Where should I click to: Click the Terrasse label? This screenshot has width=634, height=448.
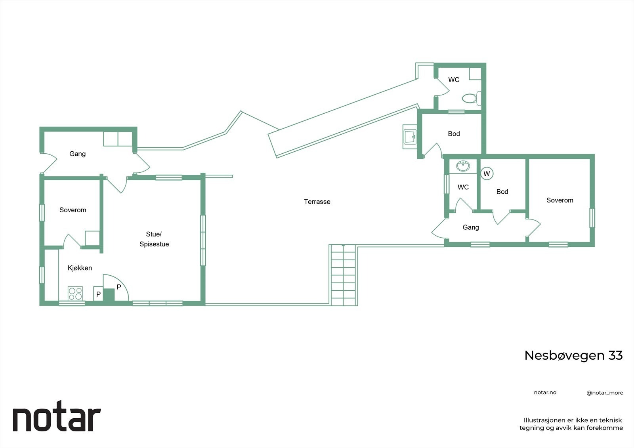point(317,202)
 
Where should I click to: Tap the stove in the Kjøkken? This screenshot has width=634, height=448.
point(75,294)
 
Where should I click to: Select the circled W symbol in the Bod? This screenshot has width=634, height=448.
point(487,173)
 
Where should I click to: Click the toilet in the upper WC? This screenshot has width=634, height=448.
point(471,98)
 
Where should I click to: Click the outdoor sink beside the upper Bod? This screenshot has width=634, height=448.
point(410,137)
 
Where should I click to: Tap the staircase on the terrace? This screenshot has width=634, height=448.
point(343,275)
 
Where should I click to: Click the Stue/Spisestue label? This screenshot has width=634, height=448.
point(154,239)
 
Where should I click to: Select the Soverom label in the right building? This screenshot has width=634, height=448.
point(560,200)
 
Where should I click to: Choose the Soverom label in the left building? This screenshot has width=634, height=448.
point(73,210)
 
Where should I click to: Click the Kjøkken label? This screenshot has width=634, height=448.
point(80,268)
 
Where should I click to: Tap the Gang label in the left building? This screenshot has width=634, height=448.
point(77,154)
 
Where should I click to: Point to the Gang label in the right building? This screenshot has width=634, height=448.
point(471,227)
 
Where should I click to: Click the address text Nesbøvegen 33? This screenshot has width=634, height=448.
point(573,355)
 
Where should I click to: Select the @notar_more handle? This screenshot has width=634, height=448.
point(605,393)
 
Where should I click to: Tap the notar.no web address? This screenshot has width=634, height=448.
point(545,393)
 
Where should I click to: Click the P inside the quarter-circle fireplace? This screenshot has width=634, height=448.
point(118,287)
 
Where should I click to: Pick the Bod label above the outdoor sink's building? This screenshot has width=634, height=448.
point(454,134)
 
